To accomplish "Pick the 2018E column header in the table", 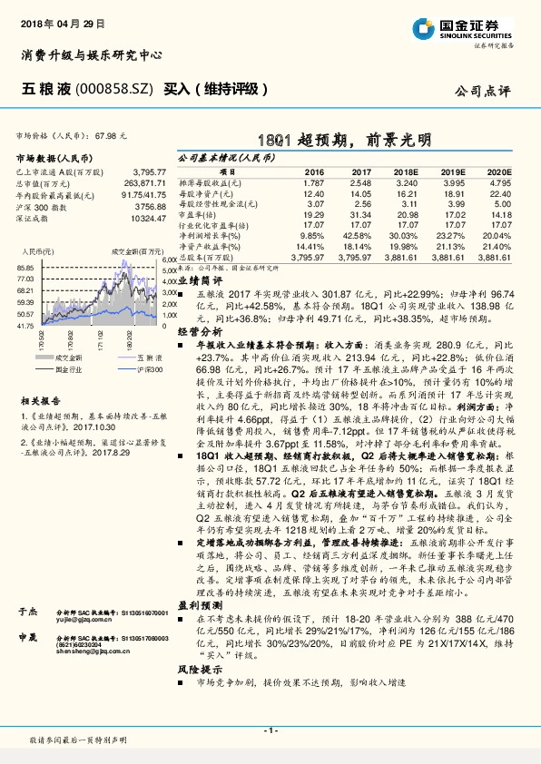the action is coord(406,171).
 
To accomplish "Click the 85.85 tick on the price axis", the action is coord(25,269).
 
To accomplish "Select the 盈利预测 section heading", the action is coord(193,603).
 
